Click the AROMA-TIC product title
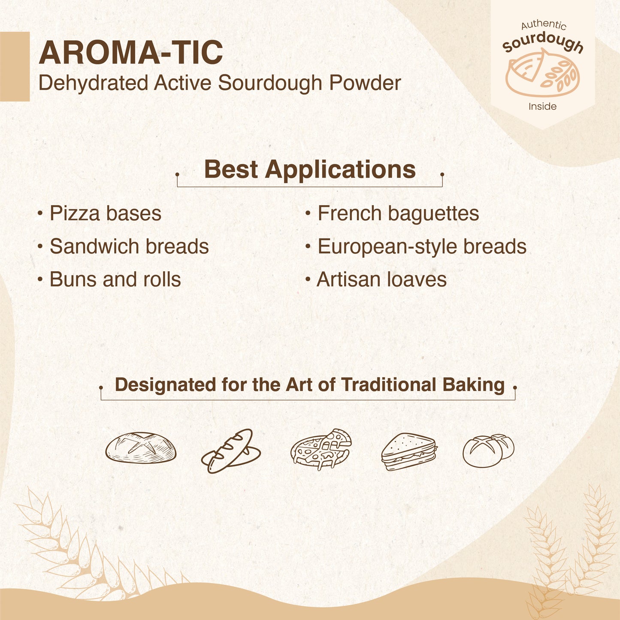coord(130,53)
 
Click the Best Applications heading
coord(309,169)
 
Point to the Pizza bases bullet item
coord(105,214)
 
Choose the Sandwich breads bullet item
coord(129,247)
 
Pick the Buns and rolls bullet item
coord(115,279)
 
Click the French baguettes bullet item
coord(398,214)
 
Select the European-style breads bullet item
coord(421,247)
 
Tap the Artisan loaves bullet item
coord(381,279)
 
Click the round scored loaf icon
coord(141,448)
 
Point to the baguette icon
coord(231,451)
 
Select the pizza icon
coord(321,449)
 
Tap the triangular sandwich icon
coord(408,451)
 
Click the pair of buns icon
coord(488,450)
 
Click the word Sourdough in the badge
coord(543,43)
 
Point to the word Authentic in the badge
coord(544,25)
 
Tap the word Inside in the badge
coord(542,106)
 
